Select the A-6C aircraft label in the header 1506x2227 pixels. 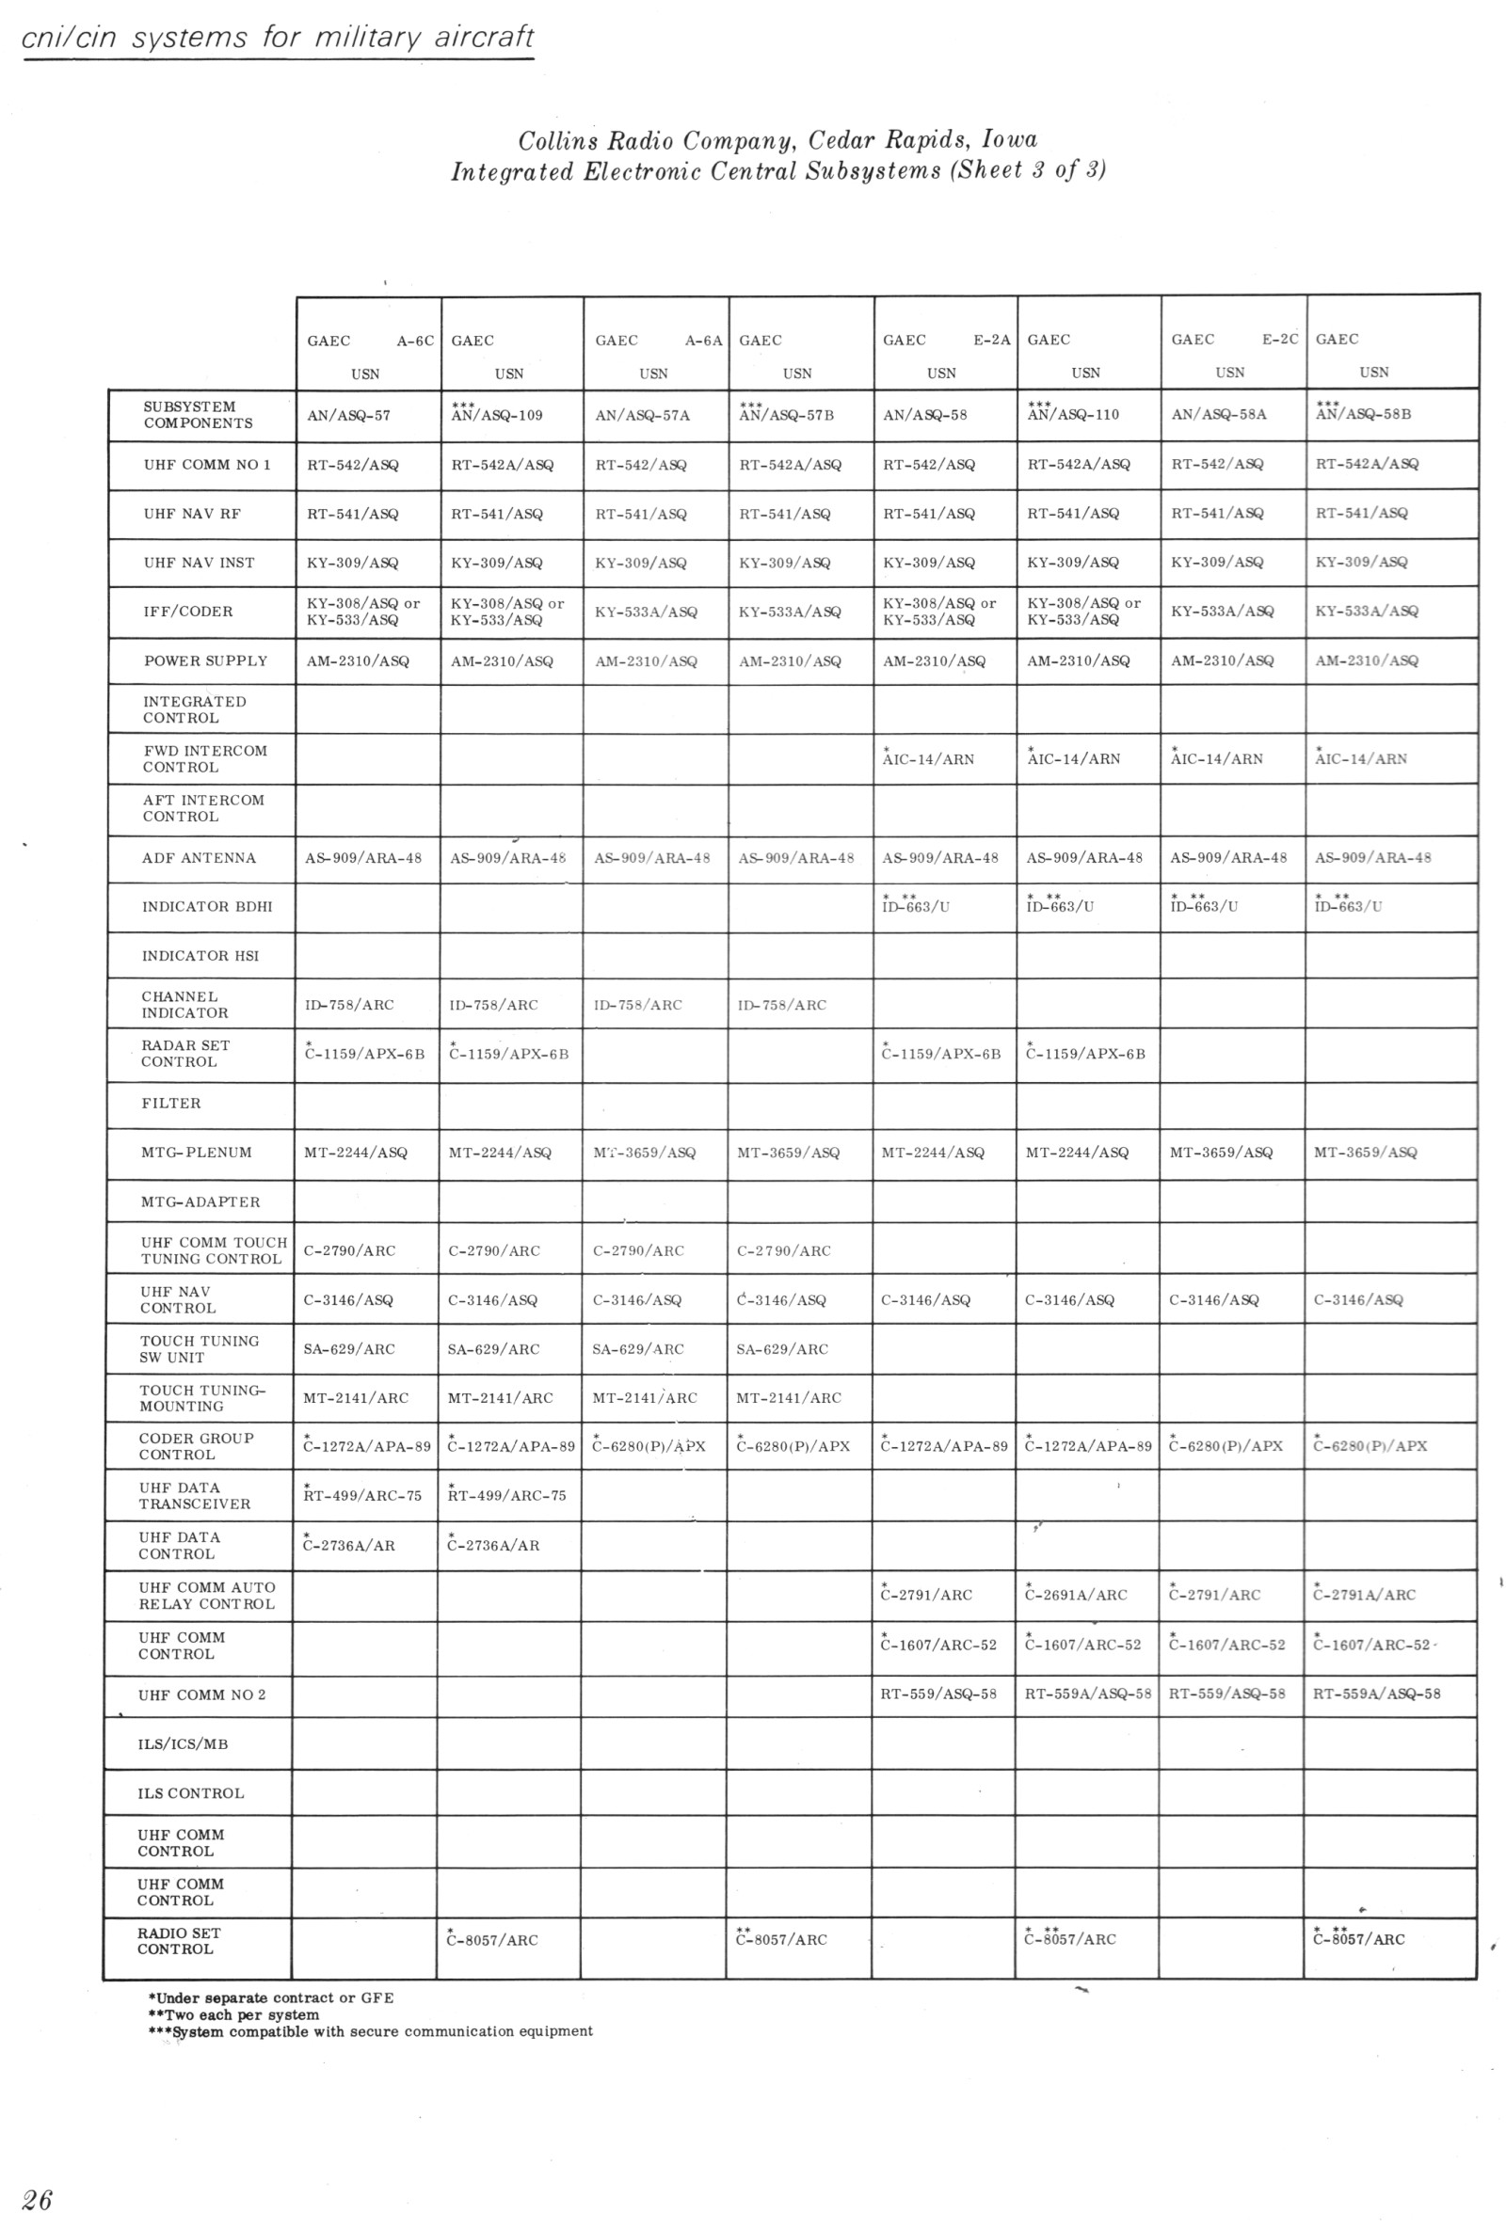click(x=415, y=342)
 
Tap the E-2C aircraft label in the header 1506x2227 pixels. click(x=1280, y=340)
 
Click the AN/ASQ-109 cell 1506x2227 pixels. click(x=497, y=415)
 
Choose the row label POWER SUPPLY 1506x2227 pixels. click(x=205, y=661)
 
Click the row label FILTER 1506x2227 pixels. click(x=171, y=1104)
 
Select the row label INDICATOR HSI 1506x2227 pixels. click(x=200, y=955)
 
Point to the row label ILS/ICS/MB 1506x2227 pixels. click(x=184, y=1744)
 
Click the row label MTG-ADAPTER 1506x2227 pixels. click(x=200, y=1201)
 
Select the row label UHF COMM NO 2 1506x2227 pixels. click(x=202, y=1694)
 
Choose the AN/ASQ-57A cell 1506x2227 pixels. click(x=642, y=415)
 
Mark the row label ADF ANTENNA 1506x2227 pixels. click(x=199, y=858)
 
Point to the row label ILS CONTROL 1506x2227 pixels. click(x=191, y=1793)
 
